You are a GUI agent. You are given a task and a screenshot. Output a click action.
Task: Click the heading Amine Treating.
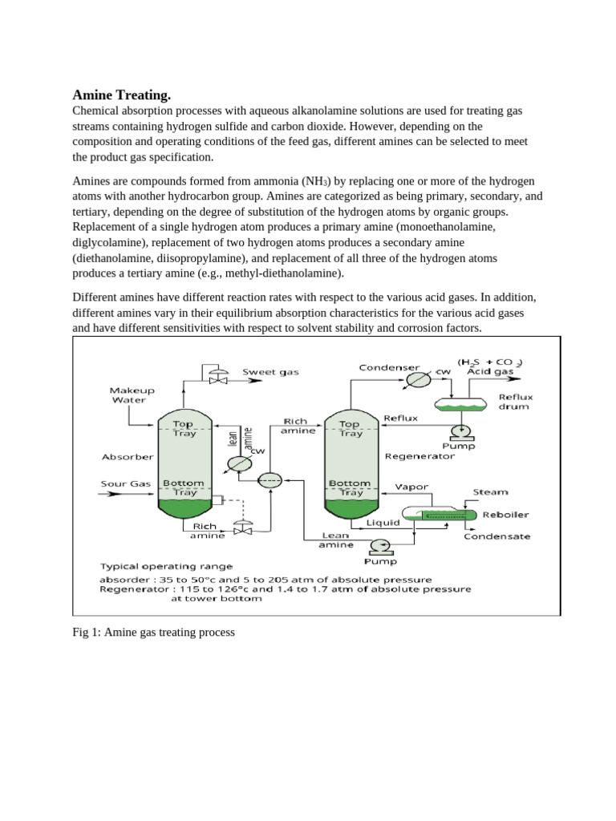tap(122, 95)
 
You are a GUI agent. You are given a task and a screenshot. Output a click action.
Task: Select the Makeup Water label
tap(132, 394)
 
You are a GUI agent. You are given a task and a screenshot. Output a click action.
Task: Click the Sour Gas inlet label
tap(125, 483)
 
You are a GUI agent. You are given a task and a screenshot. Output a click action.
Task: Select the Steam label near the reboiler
tap(490, 492)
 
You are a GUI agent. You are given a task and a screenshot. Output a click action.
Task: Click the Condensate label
tap(497, 536)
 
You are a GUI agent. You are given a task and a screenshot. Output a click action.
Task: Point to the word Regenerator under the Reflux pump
tap(419, 455)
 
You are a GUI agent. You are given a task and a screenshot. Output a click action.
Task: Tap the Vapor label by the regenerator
tap(412, 487)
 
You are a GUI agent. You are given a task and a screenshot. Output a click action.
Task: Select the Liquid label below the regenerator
tap(383, 522)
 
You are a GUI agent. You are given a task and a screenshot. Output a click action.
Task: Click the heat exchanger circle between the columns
tap(269, 480)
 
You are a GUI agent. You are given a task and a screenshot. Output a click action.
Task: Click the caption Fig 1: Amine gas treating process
tap(153, 633)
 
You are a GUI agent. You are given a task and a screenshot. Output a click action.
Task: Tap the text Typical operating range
tap(167, 566)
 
